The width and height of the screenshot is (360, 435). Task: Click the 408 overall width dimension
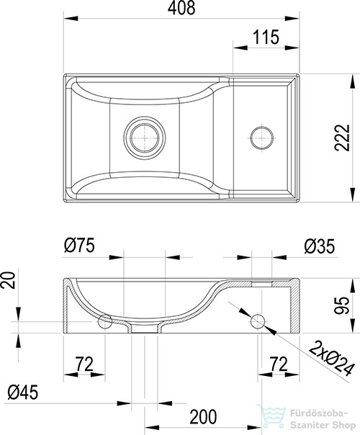(x=181, y=8)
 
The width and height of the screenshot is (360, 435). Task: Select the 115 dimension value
(x=266, y=37)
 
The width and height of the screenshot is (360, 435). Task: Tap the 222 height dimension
(x=342, y=138)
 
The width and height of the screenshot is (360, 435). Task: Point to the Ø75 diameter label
(x=79, y=246)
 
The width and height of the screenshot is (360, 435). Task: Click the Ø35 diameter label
(x=320, y=246)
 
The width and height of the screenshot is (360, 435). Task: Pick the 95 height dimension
(x=341, y=305)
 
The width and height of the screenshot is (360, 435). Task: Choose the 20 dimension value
(x=8, y=280)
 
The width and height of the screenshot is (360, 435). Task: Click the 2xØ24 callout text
(x=331, y=358)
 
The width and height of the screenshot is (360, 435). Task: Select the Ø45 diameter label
(x=23, y=393)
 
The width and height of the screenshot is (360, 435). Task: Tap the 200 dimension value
(x=203, y=417)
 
